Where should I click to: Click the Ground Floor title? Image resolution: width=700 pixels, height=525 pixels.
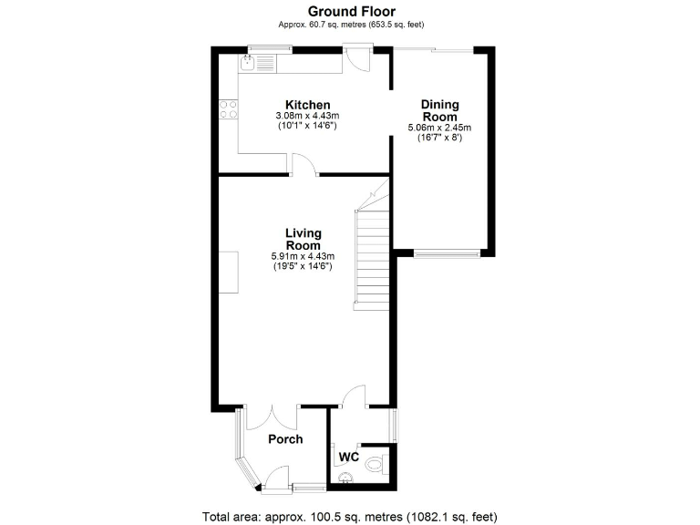[351, 11]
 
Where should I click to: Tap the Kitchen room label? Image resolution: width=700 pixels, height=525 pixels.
[307, 105]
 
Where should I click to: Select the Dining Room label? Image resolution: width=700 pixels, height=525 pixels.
[439, 110]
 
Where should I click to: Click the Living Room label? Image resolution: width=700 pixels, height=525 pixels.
[303, 240]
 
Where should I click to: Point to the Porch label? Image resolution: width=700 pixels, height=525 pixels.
[284, 439]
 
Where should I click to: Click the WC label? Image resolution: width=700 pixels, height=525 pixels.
[348, 456]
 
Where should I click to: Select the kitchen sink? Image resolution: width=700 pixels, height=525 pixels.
[249, 62]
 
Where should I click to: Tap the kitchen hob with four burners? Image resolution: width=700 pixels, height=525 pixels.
[228, 110]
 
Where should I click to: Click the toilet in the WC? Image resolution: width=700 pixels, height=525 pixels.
[374, 465]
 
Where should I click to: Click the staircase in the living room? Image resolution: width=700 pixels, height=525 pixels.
[371, 255]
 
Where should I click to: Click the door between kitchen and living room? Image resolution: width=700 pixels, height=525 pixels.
[304, 165]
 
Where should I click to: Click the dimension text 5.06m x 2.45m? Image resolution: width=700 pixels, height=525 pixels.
[439, 129]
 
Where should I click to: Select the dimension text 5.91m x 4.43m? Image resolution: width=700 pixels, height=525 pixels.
[303, 257]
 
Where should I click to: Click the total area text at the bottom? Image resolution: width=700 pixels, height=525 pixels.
[350, 516]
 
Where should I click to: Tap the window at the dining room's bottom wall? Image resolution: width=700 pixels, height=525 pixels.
[447, 253]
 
